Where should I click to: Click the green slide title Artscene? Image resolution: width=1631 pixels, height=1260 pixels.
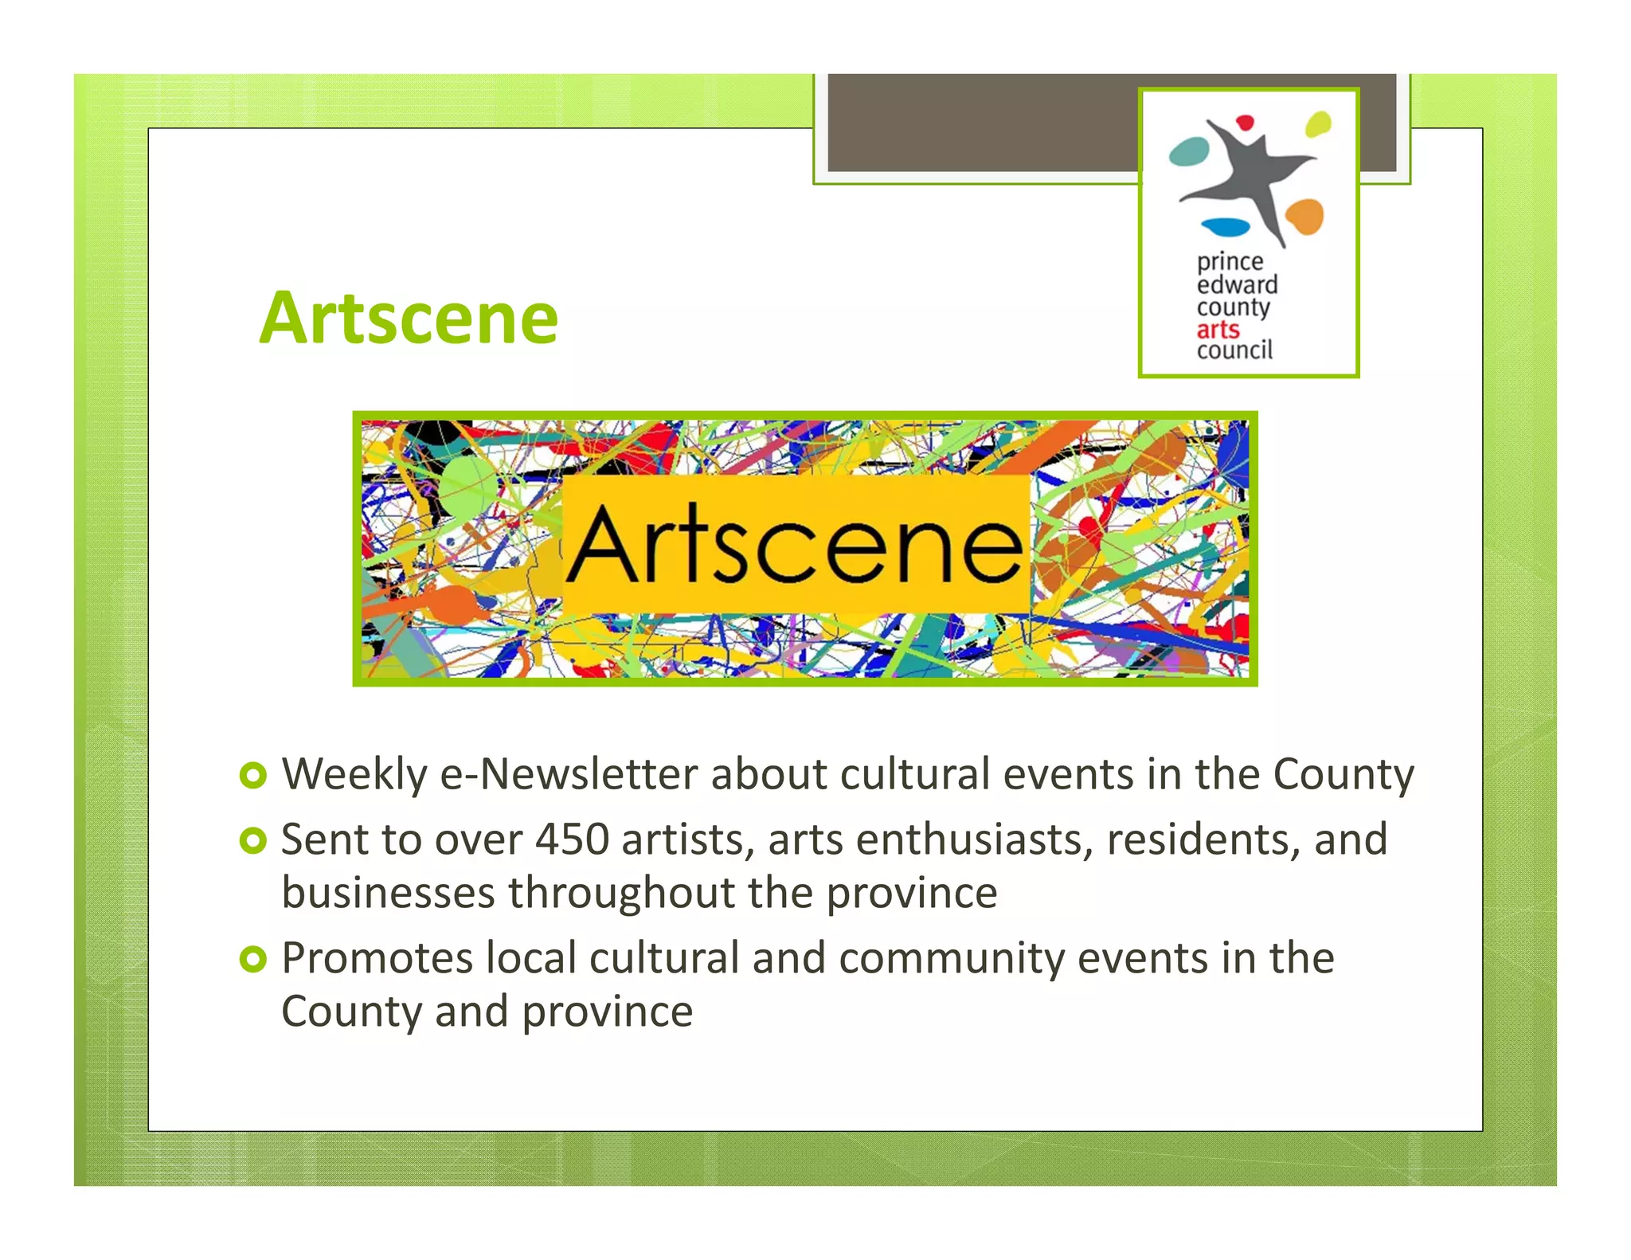click(x=409, y=319)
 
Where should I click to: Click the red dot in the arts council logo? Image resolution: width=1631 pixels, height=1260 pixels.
click(x=1245, y=123)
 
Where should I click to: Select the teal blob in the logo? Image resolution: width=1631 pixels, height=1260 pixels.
click(x=1189, y=151)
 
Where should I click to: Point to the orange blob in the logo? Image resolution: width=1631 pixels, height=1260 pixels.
click(x=1304, y=216)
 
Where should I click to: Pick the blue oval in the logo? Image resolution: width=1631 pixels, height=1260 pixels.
click(x=1226, y=227)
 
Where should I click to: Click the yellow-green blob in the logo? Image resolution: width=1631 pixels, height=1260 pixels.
click(x=1318, y=123)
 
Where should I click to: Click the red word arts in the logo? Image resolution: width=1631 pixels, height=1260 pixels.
click(x=1218, y=329)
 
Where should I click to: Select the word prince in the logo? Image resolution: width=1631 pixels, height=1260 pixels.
click(x=1230, y=262)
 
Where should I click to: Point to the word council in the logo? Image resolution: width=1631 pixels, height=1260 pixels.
click(x=1234, y=350)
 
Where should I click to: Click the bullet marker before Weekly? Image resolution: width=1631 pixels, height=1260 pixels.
click(x=252, y=776)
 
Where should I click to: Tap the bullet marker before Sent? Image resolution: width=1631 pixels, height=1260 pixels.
click(x=252, y=841)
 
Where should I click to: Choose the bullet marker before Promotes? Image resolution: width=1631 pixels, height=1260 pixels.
click(x=252, y=960)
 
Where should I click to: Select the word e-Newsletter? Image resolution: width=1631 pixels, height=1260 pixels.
click(x=569, y=774)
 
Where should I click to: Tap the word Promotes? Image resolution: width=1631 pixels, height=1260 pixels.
click(x=377, y=958)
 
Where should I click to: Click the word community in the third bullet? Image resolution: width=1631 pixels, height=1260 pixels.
click(x=951, y=958)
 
